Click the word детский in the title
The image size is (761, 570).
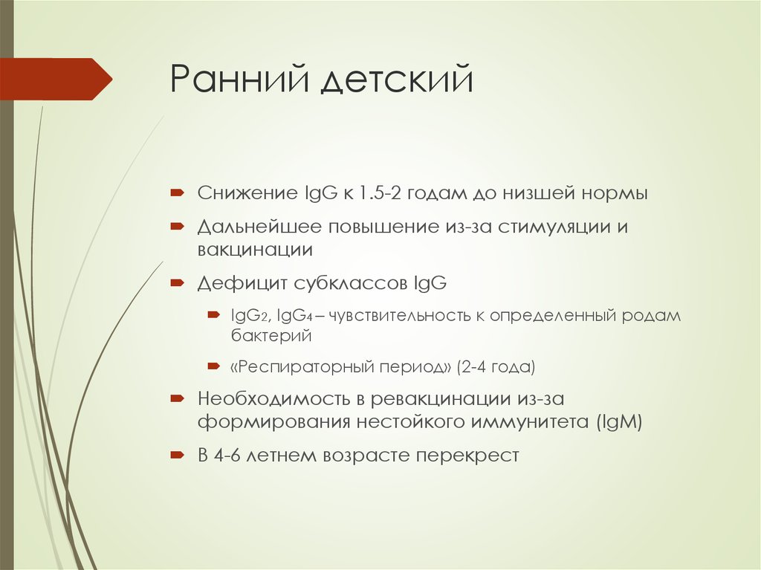point(397,80)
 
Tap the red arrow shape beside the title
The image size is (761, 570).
point(56,79)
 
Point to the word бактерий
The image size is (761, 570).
point(270,336)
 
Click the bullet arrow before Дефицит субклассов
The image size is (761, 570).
point(177,283)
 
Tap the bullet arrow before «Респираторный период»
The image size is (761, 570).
point(213,366)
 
